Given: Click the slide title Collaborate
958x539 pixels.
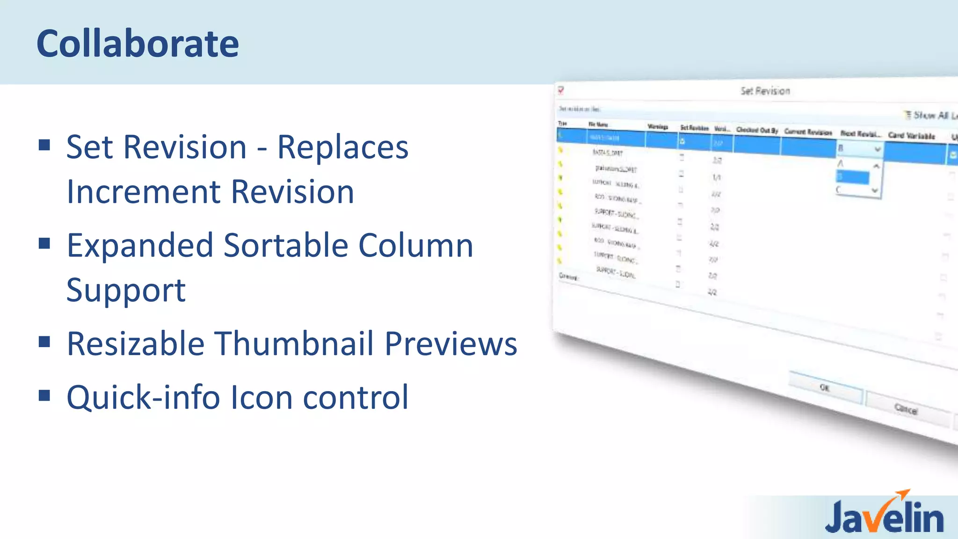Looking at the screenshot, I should [138, 44].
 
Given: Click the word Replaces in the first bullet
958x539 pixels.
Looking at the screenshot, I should [343, 147].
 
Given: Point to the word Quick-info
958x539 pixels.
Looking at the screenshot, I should [143, 397].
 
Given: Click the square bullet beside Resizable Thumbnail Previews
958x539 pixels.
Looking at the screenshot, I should [44, 342].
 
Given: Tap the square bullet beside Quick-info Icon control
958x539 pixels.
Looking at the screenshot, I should [44, 396].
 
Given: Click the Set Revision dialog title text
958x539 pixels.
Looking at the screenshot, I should [765, 91].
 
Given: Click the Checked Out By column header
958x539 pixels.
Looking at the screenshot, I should [757, 130].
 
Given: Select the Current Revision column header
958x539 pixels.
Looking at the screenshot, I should [808, 132].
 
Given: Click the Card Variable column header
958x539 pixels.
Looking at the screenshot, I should [911, 136].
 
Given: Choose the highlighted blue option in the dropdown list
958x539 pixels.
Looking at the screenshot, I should [852, 177].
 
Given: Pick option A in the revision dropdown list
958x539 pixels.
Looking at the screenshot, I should [841, 163].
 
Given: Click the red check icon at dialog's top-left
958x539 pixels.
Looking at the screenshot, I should [561, 90].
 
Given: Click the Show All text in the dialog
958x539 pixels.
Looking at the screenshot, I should [930, 115].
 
